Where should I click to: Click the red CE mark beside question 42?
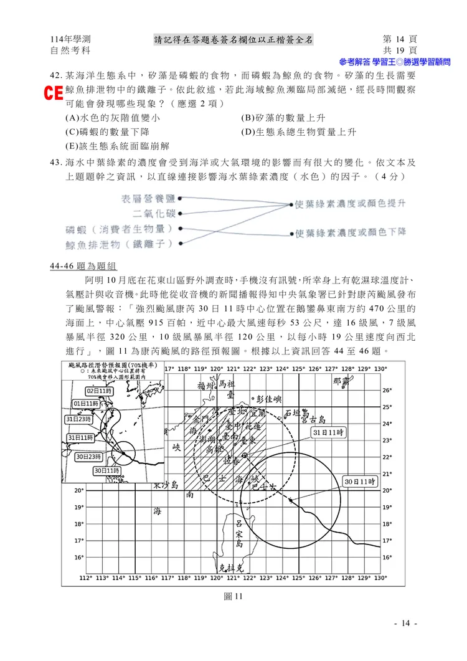click(54, 93)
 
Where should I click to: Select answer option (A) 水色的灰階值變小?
click(112, 118)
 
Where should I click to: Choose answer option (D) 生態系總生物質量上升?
click(298, 132)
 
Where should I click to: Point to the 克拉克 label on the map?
click(234, 568)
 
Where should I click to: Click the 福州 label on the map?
click(205, 386)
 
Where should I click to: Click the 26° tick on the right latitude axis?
click(386, 391)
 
